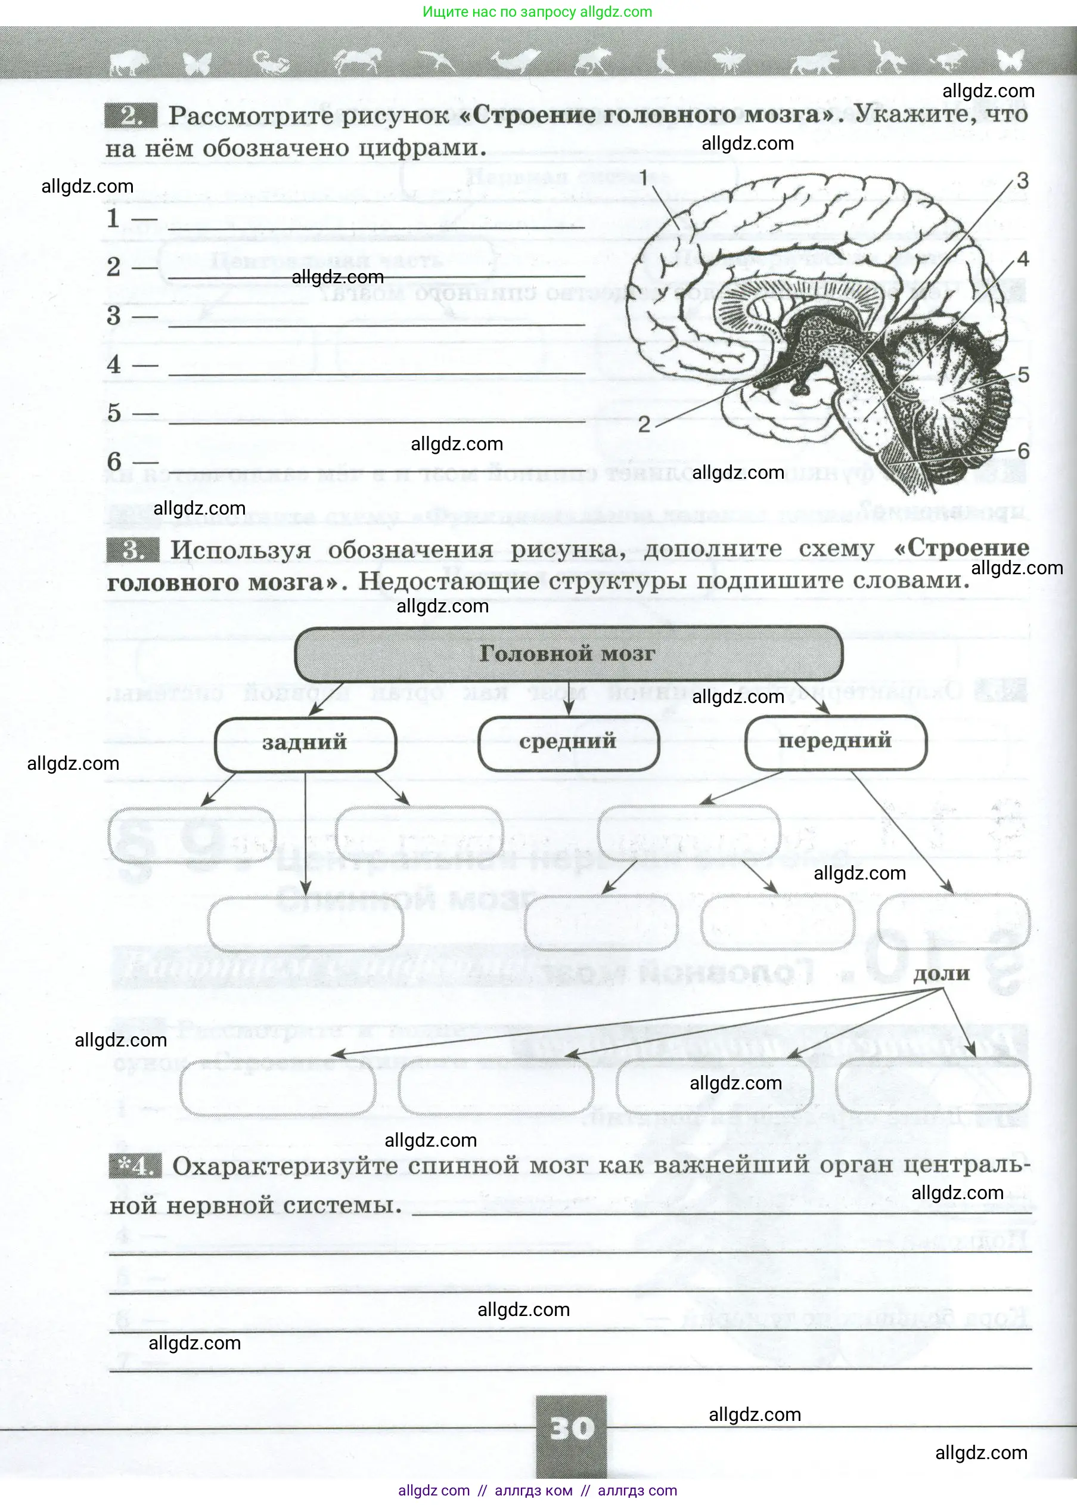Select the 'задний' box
tap(305, 742)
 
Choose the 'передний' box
tap(835, 741)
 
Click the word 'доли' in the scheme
tap(941, 974)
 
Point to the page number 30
tap(571, 1428)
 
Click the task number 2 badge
tap(131, 116)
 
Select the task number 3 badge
tap(133, 550)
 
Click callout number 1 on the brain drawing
tap(643, 177)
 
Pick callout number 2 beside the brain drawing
tap(644, 425)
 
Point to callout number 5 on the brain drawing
tap(1023, 374)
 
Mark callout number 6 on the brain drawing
tap(1023, 451)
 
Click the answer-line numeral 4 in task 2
tap(114, 364)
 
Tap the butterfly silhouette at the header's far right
tap(1010, 61)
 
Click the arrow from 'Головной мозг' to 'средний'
tap(569, 698)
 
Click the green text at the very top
tap(537, 12)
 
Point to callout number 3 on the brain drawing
tap(1023, 181)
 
